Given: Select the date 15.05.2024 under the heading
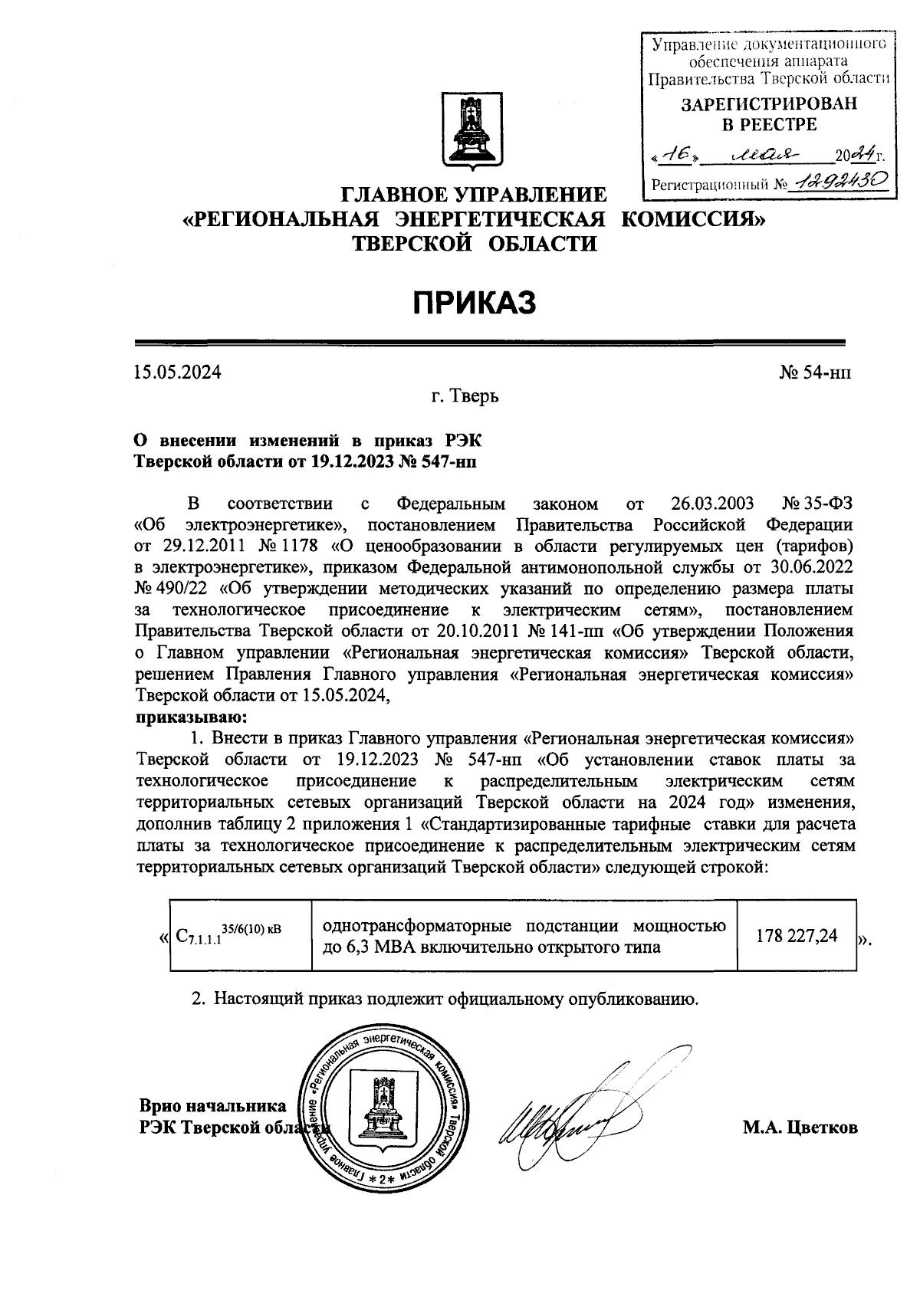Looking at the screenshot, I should point(178,373).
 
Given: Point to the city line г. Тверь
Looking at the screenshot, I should point(465,397).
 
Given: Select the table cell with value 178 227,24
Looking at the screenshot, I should point(796,936).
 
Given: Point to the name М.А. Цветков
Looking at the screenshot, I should point(800,1128).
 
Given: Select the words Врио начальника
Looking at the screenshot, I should point(212,1106).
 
